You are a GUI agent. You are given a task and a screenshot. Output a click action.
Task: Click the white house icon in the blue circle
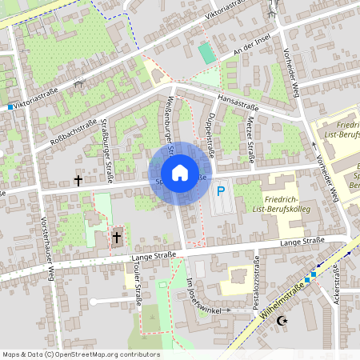(x=180, y=173)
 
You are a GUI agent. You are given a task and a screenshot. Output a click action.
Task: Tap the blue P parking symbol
(x=221, y=192)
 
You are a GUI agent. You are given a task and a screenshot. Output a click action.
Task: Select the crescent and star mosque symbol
(x=281, y=321)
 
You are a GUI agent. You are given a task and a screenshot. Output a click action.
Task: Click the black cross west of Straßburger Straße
(x=78, y=181)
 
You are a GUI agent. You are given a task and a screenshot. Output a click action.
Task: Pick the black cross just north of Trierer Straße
(x=117, y=237)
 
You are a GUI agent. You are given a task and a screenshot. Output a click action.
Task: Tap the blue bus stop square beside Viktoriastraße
(x=10, y=106)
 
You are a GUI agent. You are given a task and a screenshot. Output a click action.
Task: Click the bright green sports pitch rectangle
(x=207, y=54)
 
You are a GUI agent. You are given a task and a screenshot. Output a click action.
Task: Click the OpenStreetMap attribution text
(x=81, y=354)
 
